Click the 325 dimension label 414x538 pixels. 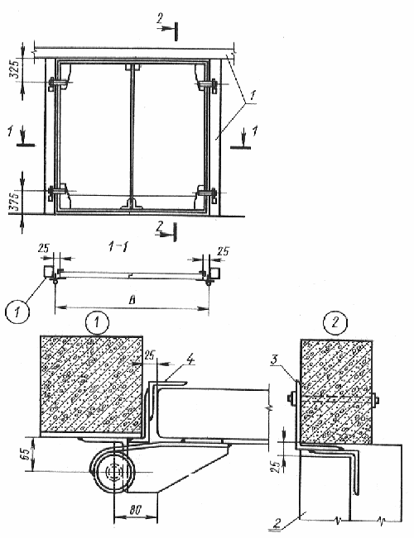pos(15,70)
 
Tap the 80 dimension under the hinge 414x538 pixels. pos(136,510)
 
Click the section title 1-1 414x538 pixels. pos(118,246)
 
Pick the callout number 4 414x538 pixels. pos(190,360)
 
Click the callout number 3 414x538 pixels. pos(274,360)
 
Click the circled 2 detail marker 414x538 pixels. pos(335,323)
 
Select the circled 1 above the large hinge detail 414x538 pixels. pos(97,323)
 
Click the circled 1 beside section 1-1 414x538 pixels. pos(18,312)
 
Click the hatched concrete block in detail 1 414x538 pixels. pos(91,386)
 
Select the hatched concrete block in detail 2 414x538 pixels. pos(336,391)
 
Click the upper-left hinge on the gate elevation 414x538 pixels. pos(57,83)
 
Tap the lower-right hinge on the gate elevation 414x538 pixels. pos(207,193)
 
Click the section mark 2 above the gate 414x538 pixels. pos(159,19)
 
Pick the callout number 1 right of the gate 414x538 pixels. pos(253,96)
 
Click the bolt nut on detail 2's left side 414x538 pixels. pos(291,398)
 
